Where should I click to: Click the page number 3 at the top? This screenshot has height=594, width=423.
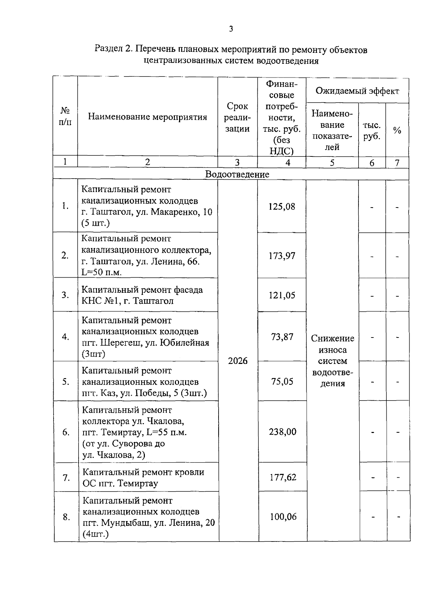pyautogui.click(x=231, y=29)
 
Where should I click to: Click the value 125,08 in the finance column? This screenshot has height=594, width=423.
pyautogui.click(x=282, y=206)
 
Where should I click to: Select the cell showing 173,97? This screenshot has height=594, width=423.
pyautogui.click(x=282, y=256)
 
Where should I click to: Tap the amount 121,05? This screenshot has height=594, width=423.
pyautogui.click(x=282, y=295)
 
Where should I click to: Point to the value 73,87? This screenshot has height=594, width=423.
pyautogui.click(x=282, y=337)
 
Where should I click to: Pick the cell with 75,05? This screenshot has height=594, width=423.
pyautogui.click(x=282, y=382)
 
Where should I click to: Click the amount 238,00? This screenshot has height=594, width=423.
pyautogui.click(x=282, y=432)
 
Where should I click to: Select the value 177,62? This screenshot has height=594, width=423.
pyautogui.click(x=283, y=477)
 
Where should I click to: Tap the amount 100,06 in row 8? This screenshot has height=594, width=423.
pyautogui.click(x=283, y=517)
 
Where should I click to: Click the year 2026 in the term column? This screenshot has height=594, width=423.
pyautogui.click(x=238, y=361)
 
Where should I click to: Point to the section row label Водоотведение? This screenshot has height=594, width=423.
pyautogui.click(x=237, y=174)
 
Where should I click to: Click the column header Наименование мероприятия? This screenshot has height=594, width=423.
pyautogui.click(x=147, y=117)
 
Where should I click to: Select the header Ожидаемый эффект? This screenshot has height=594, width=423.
pyautogui.click(x=357, y=91)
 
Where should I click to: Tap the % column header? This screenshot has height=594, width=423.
pyautogui.click(x=397, y=131)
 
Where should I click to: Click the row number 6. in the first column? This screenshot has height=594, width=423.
pyautogui.click(x=66, y=432)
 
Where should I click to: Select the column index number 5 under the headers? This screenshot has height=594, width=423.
pyautogui.click(x=332, y=162)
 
